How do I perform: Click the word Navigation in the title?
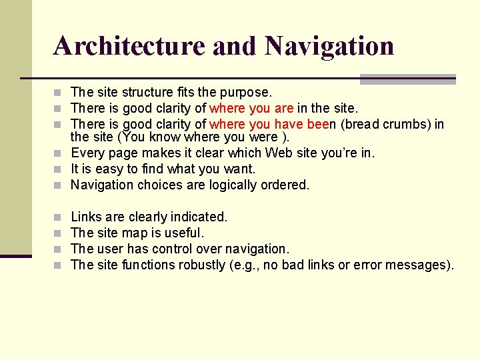point(329,46)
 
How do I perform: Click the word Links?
point(86,217)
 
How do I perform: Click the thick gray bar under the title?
point(407,79)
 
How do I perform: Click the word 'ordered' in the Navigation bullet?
point(287,185)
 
